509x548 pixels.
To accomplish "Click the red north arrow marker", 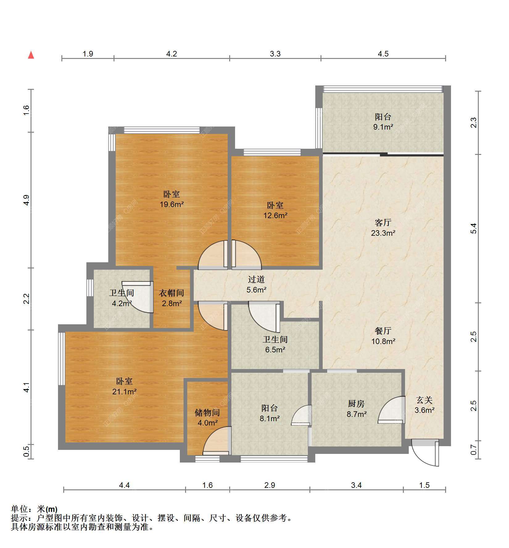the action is coord(31,55).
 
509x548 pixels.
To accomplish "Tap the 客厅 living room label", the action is coord(383,222).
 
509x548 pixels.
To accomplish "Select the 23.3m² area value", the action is coord(383,233).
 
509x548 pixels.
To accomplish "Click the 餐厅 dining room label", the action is coord(383,331).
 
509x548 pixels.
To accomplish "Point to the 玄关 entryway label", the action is coord(424,400).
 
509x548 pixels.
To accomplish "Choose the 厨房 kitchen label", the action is coord(356,404).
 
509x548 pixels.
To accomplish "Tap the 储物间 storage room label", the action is coord(207,413).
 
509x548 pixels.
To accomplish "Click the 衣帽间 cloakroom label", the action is coord(172,293).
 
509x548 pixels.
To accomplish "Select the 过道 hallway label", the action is coord(256,280).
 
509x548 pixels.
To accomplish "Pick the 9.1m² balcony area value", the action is coord(383,127).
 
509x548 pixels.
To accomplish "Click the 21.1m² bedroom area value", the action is coord(124,392).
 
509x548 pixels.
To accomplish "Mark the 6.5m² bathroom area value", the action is coord(275,350).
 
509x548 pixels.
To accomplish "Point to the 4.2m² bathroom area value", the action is coord(122,303).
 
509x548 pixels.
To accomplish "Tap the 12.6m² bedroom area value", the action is coord(275,215).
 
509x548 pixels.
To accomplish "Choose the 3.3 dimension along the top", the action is coord(275,54).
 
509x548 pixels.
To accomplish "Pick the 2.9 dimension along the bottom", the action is coord(270,485).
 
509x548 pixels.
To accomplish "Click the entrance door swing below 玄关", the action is coord(425,454).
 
